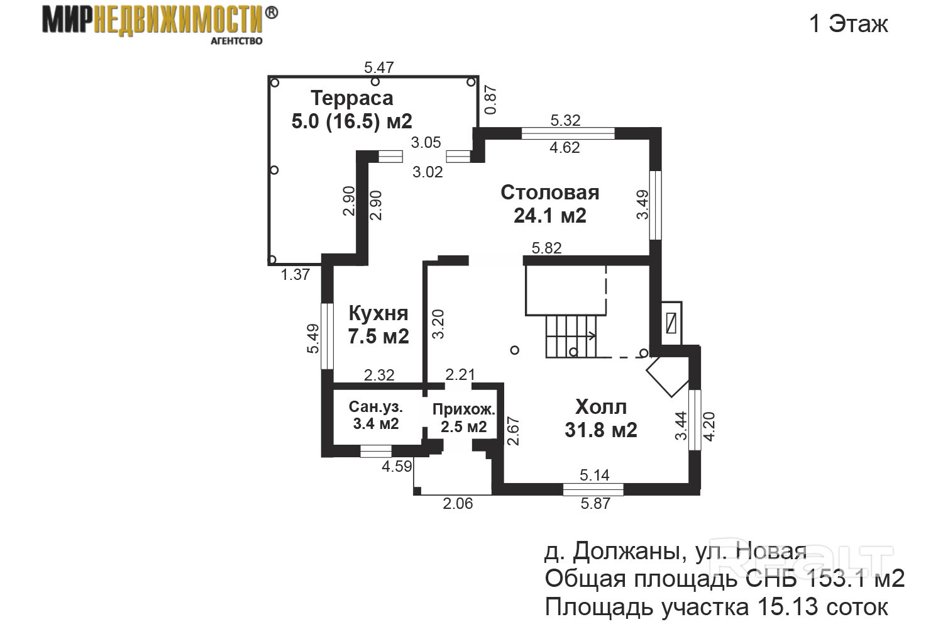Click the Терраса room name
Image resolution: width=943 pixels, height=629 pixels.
[x=352, y=98]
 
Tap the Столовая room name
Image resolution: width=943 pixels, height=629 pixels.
[x=549, y=192]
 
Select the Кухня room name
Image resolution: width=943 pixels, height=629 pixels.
[x=378, y=313]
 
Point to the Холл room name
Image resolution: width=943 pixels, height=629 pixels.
[x=601, y=407]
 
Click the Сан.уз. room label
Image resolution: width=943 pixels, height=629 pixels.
[x=376, y=406]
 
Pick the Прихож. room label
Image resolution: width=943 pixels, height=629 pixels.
[x=464, y=410]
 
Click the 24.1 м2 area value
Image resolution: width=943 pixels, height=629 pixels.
[x=549, y=216]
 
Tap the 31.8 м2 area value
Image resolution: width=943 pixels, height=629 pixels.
[x=601, y=430]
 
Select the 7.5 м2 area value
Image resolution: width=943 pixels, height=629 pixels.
[x=378, y=336]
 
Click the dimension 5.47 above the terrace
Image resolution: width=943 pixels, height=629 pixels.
[x=378, y=67]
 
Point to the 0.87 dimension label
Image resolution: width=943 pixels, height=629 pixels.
[x=491, y=99]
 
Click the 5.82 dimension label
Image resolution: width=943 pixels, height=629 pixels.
[x=546, y=248]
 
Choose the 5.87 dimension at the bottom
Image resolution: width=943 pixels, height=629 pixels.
[x=594, y=503]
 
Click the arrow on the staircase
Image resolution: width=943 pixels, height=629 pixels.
[x=591, y=335]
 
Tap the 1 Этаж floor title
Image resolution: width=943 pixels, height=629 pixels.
[x=848, y=24]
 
